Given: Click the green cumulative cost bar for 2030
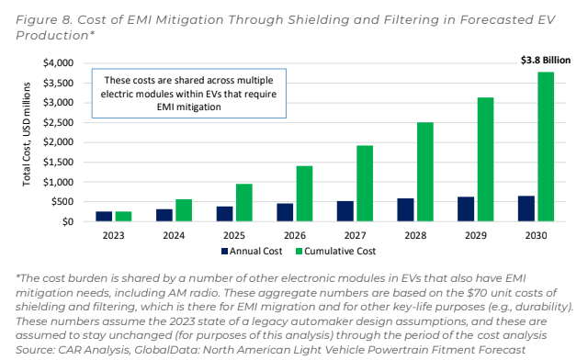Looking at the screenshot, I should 546,146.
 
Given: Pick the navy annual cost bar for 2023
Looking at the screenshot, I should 104,217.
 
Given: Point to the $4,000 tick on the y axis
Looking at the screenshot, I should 60,62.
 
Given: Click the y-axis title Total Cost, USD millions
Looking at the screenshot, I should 27,142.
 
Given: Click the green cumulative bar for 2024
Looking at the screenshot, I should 183,210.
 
